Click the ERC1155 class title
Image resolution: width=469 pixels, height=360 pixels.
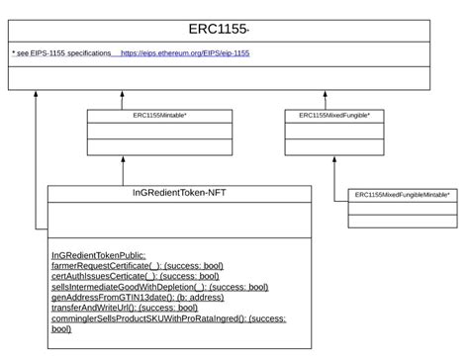(x=219, y=29)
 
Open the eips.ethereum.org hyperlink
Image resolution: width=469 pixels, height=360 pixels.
(x=185, y=52)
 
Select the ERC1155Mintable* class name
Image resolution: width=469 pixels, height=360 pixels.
(x=160, y=116)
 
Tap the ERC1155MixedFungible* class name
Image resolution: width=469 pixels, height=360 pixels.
(x=334, y=116)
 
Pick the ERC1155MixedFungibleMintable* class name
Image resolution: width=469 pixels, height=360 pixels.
(x=402, y=195)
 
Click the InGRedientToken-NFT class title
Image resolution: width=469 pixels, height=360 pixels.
(x=179, y=193)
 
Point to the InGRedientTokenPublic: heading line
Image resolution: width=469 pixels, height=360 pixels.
(x=98, y=255)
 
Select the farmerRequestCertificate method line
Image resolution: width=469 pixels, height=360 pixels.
(x=137, y=266)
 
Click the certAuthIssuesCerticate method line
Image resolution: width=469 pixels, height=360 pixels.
(x=135, y=277)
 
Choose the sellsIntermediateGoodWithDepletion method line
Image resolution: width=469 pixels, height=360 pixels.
(x=159, y=288)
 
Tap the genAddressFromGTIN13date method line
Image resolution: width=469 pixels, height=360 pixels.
(x=137, y=298)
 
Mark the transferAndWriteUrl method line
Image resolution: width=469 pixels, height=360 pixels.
(x=124, y=309)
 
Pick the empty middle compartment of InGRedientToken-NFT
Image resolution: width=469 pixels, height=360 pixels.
(x=179, y=219)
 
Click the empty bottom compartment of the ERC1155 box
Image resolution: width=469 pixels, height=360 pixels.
(x=219, y=78)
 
